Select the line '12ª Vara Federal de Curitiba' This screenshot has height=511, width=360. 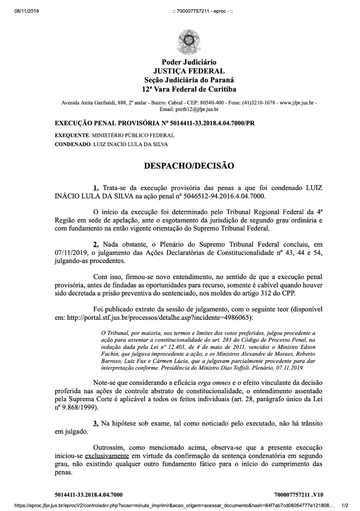click(x=189, y=89)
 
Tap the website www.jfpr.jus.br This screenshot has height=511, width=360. click(x=297, y=103)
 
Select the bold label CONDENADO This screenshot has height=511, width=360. click(x=72, y=144)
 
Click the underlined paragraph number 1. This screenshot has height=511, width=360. click(x=96, y=188)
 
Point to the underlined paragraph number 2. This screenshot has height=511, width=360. click(x=96, y=244)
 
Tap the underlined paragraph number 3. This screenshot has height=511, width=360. click(x=96, y=423)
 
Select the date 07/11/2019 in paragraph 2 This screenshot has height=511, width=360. click(x=70, y=253)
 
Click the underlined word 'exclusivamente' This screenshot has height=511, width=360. click(x=107, y=456)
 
